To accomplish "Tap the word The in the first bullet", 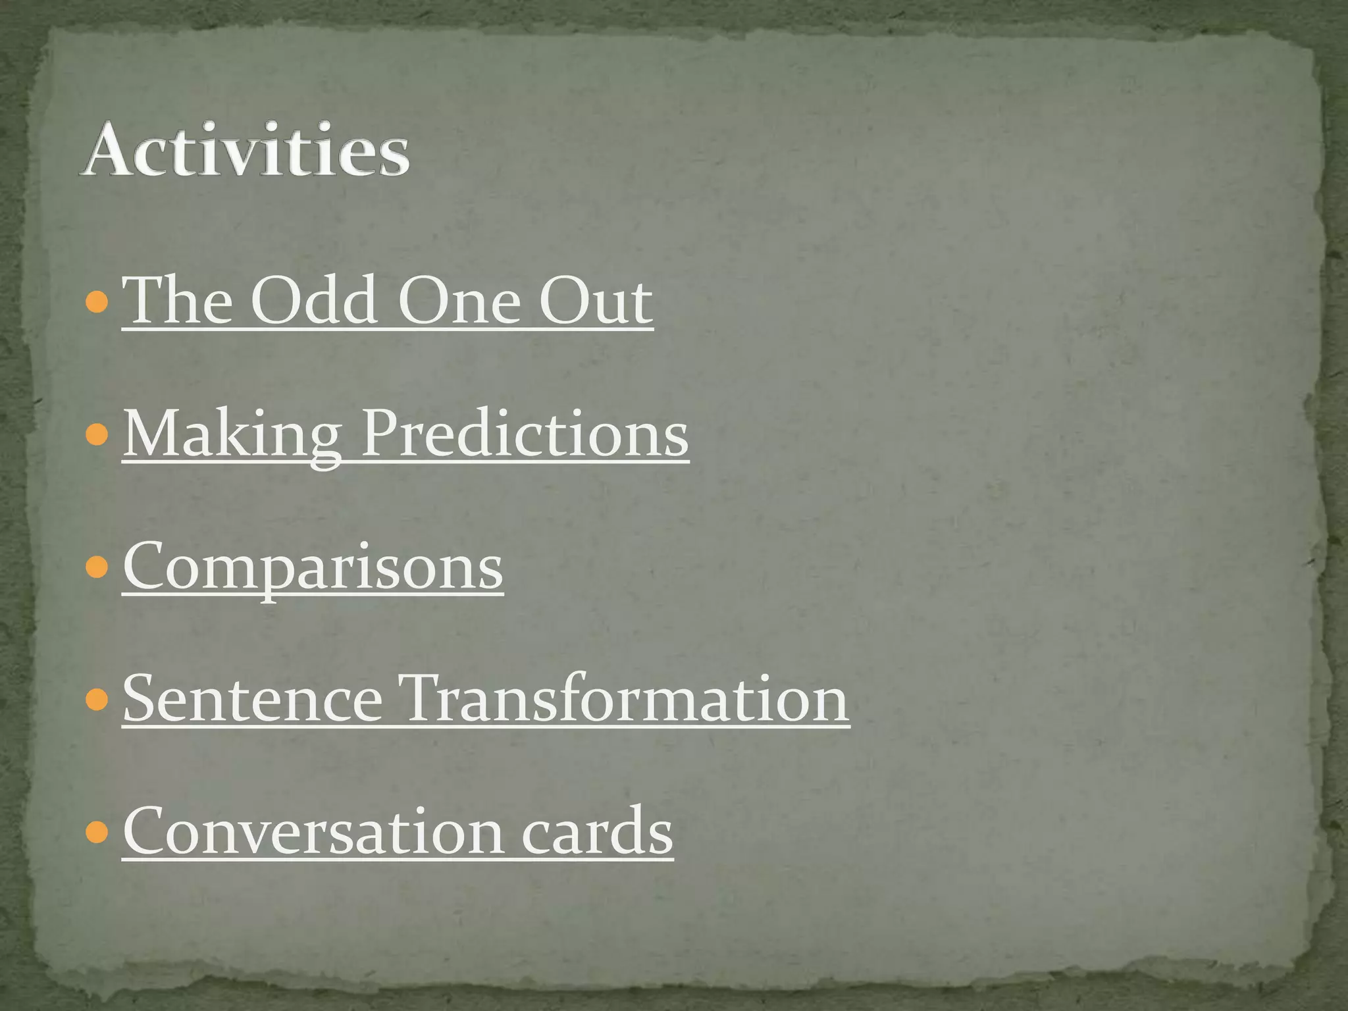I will click(x=178, y=301).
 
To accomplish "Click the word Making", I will click(x=232, y=435).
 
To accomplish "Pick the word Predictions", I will click(x=525, y=434).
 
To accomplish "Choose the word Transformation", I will click(x=626, y=699).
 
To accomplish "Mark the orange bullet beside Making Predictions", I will click(x=97, y=434).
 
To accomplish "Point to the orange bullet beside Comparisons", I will click(x=97, y=567).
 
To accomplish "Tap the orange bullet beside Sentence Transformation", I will click(x=97, y=700).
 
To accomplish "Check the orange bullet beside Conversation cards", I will click(x=97, y=832).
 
